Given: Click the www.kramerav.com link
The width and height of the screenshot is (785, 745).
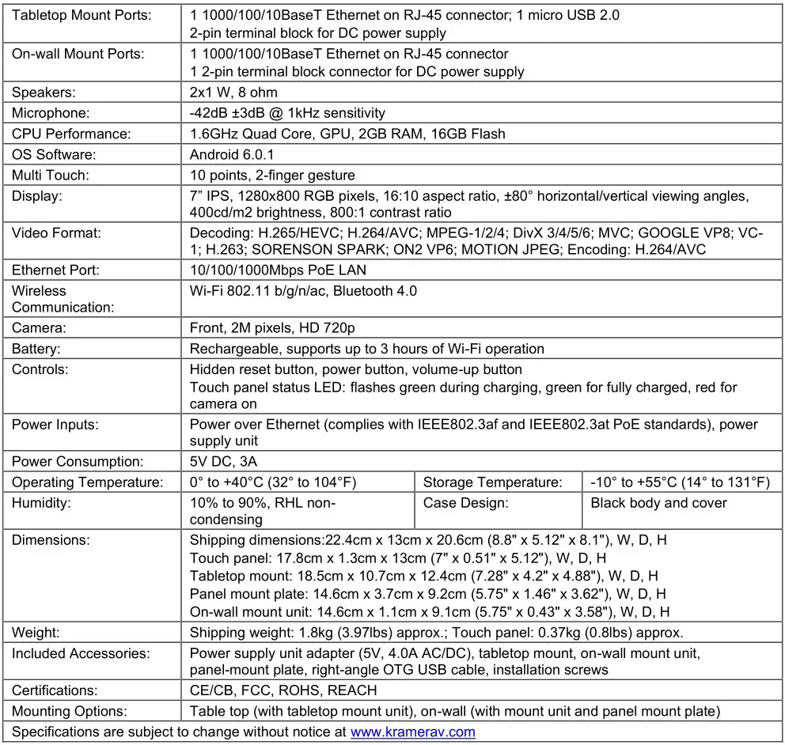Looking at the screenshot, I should [x=412, y=732].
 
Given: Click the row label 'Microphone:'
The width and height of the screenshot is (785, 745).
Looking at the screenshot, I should [x=51, y=113].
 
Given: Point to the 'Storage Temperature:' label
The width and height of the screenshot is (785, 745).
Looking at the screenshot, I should [x=492, y=482].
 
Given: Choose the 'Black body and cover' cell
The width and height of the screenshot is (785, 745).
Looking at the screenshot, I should [x=658, y=503].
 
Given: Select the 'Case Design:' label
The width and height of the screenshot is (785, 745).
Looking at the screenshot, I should [x=465, y=503].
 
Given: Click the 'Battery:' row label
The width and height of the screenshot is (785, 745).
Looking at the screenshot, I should [x=36, y=349].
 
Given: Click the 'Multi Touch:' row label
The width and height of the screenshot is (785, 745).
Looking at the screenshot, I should [x=51, y=175].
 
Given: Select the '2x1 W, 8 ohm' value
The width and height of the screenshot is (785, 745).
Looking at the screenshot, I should [x=233, y=93].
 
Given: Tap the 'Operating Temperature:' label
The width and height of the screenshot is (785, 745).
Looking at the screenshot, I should [x=87, y=482].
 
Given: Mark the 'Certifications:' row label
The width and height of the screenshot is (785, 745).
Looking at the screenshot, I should [x=55, y=690].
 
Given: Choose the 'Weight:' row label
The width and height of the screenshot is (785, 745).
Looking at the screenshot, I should [x=36, y=633].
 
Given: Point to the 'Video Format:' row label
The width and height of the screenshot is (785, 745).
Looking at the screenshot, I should [x=56, y=233].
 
